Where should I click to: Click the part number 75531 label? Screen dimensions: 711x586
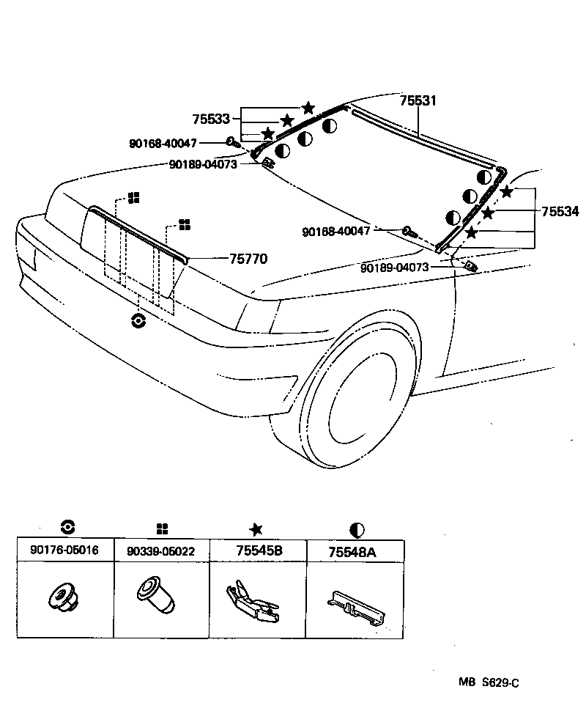[x=418, y=101]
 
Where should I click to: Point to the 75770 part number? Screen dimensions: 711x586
[x=248, y=259]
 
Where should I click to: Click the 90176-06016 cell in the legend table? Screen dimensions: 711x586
[x=64, y=550]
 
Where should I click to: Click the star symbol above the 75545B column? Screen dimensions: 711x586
[x=256, y=529]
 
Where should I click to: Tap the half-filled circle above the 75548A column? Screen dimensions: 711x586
[x=357, y=529]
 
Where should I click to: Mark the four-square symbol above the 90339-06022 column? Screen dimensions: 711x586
[x=162, y=529]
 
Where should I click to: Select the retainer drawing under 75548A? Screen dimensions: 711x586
[x=355, y=606]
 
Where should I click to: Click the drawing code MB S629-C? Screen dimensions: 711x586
[x=489, y=682]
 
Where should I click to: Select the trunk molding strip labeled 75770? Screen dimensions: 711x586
[x=139, y=233]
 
